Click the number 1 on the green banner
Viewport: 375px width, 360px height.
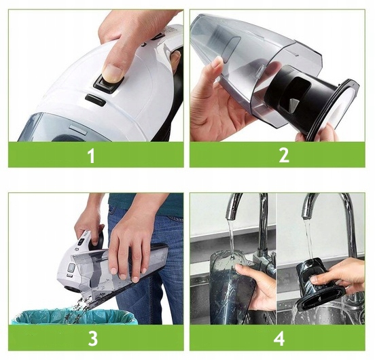[x=91, y=156]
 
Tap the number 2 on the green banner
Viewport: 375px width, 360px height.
[x=284, y=156]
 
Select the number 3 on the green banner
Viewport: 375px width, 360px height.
[x=93, y=338]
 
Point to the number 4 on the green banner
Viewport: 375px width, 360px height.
[x=279, y=338]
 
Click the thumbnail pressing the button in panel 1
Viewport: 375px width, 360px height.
[x=113, y=74]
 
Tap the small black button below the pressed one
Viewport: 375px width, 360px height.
[x=95, y=100]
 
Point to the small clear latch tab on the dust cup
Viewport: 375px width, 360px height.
[x=261, y=72]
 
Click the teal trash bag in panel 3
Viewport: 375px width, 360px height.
[x=74, y=316]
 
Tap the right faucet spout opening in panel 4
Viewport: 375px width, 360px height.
[x=306, y=217]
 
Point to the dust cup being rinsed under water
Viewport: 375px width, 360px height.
[x=226, y=287]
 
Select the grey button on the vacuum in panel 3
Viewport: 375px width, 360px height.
[x=71, y=268]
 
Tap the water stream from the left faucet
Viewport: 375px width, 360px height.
[x=231, y=241]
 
